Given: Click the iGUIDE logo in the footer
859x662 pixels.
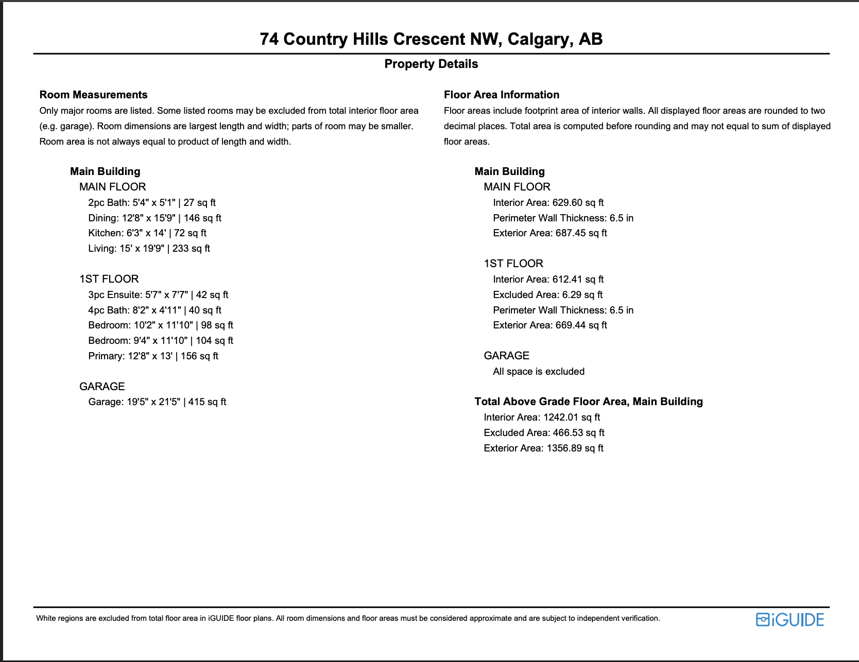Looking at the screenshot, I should point(789,619).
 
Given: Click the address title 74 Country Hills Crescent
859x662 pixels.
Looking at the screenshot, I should point(431,39).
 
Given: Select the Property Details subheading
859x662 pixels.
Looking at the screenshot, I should point(431,64).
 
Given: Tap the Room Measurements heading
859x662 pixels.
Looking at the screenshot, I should point(93,95).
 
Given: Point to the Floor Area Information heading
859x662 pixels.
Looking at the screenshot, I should point(501,95).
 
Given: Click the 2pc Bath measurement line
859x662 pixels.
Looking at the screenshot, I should point(152,203).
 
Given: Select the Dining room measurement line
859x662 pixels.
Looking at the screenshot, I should point(154,218).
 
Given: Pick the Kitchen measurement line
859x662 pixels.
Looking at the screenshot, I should point(147,233).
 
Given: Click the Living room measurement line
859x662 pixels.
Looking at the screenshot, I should point(149,249).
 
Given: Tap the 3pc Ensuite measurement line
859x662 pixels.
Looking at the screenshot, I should point(158,295).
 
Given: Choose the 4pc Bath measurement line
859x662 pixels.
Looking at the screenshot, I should point(154,310).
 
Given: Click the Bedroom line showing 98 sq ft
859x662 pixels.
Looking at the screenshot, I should point(161,325).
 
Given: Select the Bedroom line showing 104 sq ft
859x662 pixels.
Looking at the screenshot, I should point(161,341).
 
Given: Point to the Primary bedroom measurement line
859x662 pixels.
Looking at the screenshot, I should point(153,356).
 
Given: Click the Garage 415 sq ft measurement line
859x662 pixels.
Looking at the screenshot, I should point(157,402).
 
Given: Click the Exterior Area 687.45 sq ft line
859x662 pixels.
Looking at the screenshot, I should point(549,233).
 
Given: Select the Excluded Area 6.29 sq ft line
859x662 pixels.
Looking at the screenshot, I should point(547,295).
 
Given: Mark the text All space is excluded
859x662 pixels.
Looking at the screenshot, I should point(538,372).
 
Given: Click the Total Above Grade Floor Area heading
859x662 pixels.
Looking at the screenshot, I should point(588,402).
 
